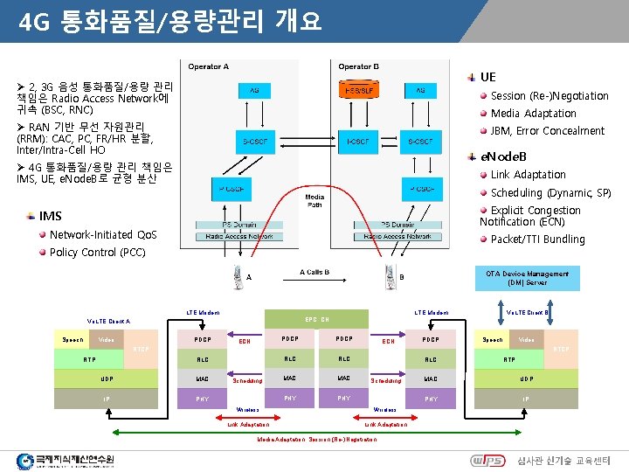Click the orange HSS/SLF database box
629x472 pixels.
(359, 91)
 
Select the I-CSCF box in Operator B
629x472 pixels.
(359, 141)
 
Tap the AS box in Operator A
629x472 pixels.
(254, 91)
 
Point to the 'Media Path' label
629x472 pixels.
(314, 201)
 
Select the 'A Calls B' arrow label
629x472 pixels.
(314, 272)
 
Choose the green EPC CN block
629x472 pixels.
(316, 319)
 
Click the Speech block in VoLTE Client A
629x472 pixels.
(73, 339)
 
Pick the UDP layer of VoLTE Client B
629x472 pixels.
(526, 378)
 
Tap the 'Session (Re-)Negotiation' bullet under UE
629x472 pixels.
(549, 95)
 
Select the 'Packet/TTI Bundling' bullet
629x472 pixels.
(537, 239)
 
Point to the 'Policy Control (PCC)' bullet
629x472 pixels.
(98, 252)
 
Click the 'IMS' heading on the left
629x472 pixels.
(51, 216)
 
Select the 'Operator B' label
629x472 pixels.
(359, 66)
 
